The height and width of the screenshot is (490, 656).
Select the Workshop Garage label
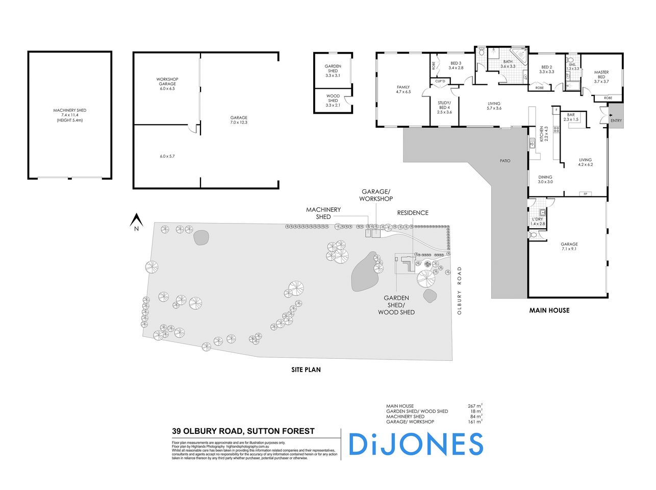click(x=167, y=84)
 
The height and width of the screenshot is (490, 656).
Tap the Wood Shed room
click(x=333, y=100)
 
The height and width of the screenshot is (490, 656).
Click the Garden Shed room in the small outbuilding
click(x=333, y=70)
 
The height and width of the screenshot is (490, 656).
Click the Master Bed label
click(x=601, y=77)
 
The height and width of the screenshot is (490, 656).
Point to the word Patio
click(x=505, y=161)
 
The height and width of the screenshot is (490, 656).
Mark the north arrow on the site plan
click(x=136, y=223)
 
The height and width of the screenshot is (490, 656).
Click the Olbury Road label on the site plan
click(x=459, y=290)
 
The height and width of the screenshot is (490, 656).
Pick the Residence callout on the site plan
click(x=413, y=212)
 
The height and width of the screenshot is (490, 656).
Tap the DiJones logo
click(x=416, y=444)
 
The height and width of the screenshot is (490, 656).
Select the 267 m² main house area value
click(x=475, y=406)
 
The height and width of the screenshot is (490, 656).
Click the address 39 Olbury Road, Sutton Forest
click(x=243, y=431)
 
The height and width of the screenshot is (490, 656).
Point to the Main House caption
click(x=549, y=310)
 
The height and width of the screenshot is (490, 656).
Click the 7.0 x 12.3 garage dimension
click(x=239, y=122)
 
